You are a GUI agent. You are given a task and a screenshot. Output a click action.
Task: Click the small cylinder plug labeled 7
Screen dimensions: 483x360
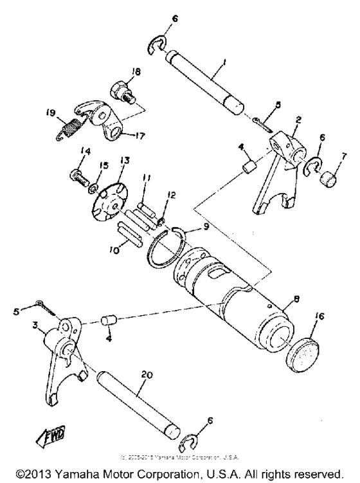(x=329, y=176)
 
